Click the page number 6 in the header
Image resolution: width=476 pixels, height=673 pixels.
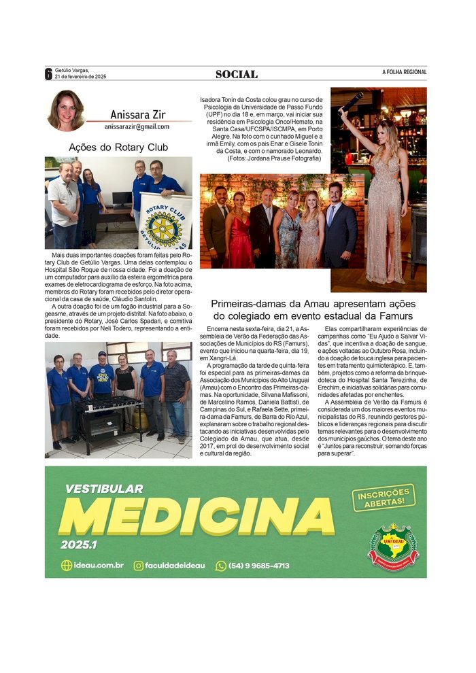click(x=49, y=74)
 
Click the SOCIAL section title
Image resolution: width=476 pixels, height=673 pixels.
click(x=237, y=74)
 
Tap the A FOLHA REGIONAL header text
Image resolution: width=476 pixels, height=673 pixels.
click(x=404, y=72)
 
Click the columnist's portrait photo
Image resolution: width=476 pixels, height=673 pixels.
click(x=67, y=111)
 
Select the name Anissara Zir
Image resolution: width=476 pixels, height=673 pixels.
click(x=137, y=115)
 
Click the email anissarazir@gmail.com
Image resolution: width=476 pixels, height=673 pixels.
click(x=137, y=126)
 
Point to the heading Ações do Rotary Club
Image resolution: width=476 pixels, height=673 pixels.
click(x=118, y=147)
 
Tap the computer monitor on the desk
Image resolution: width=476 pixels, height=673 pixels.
click(x=122, y=199)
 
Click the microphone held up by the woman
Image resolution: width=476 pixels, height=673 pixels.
click(x=352, y=102)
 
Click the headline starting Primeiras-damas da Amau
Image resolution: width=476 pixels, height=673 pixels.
click(x=313, y=310)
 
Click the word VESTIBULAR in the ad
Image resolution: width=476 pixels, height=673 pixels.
click(x=104, y=488)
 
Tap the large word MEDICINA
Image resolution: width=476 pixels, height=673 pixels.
click(x=197, y=517)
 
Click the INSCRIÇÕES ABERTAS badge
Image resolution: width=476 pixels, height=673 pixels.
click(x=384, y=497)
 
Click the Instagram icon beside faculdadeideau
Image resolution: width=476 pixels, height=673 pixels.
click(x=139, y=566)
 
